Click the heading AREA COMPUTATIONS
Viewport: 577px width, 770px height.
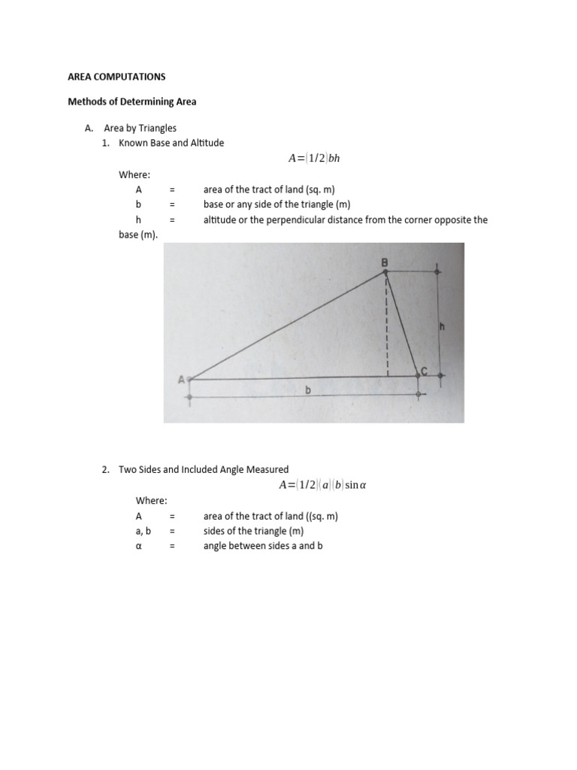[x=116, y=77]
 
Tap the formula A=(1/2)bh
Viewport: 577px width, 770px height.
[x=319, y=159]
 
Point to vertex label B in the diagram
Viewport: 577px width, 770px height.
[x=385, y=262]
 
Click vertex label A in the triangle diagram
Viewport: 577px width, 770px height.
[x=181, y=380]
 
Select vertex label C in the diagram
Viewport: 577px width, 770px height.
[x=424, y=371]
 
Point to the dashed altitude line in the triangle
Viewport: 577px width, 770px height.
[x=388, y=323]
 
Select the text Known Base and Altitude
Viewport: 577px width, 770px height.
[x=171, y=143]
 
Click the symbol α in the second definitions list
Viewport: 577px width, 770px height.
[x=138, y=546]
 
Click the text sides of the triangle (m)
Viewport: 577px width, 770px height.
[x=253, y=531]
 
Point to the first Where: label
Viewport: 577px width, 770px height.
[x=134, y=174]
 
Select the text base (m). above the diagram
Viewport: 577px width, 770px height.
[x=138, y=235]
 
